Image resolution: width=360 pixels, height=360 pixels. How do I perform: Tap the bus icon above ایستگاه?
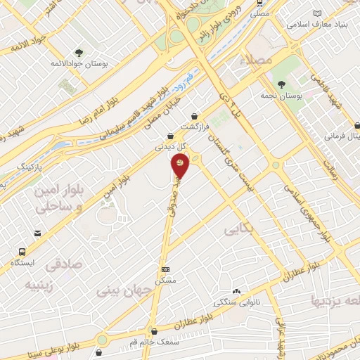tap(23, 251)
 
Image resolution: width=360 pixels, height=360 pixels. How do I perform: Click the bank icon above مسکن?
tap(165, 269)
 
